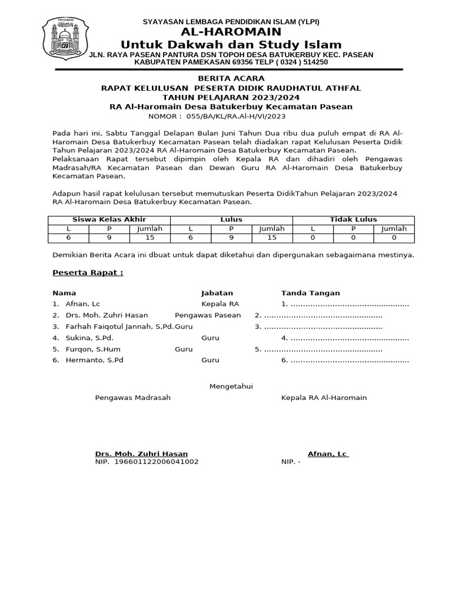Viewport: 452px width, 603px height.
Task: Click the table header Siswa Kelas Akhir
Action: point(109,219)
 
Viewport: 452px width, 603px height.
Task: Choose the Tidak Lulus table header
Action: point(353,219)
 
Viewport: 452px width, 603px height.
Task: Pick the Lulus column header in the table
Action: point(231,219)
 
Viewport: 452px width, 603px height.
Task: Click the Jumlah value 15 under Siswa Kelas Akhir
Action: point(149,237)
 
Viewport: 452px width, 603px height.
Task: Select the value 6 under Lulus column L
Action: point(191,237)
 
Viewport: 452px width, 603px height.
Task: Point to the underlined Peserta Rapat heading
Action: point(88,273)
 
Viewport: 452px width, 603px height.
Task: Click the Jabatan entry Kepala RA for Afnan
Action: point(220,304)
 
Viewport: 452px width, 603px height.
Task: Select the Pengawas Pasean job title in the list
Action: point(208,315)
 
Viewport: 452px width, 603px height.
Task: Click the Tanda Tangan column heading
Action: point(310,293)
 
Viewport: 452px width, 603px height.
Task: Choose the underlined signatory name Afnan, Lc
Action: point(328,453)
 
